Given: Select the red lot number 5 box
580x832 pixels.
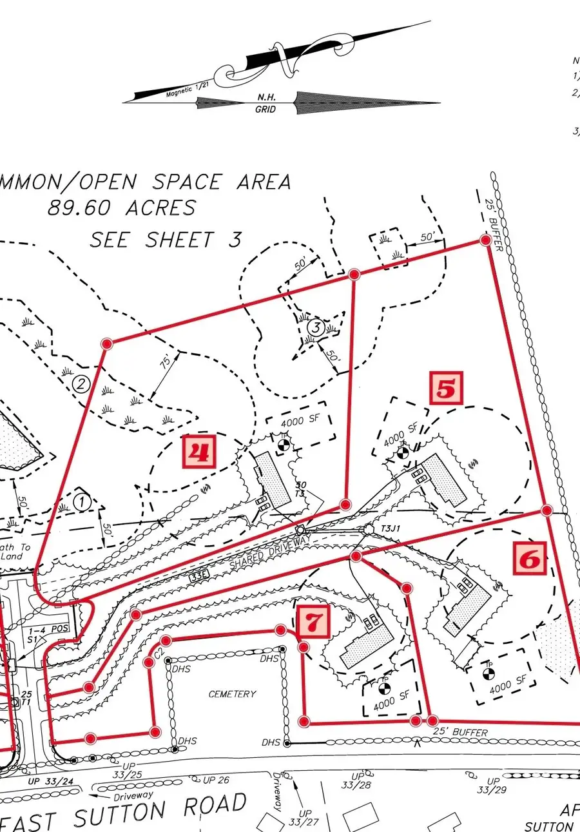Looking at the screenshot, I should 447,389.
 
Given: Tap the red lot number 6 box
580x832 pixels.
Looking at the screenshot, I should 529,559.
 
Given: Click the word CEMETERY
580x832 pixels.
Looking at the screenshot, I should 232,694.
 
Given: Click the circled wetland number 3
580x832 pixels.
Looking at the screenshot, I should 314,327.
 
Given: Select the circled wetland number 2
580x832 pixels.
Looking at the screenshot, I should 81,385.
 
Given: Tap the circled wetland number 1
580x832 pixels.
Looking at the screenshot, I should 82,501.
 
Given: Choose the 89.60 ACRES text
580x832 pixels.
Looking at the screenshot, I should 121,208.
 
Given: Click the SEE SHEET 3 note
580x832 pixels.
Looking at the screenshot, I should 166,240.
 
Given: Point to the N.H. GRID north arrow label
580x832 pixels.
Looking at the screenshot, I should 266,104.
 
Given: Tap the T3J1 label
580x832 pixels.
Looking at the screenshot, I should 391,528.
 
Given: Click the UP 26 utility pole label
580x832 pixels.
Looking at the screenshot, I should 216,780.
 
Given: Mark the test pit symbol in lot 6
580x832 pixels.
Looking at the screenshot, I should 488,674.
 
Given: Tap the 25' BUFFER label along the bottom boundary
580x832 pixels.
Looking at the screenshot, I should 460,733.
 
